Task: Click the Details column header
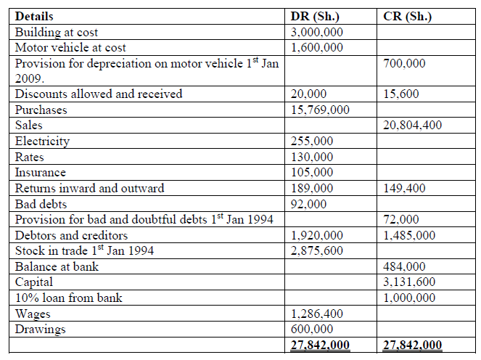[x=34, y=16]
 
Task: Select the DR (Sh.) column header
[x=315, y=16]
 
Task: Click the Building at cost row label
[x=57, y=32]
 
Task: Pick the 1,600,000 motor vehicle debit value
[x=317, y=47]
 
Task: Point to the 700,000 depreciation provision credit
[x=404, y=63]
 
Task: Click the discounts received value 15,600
[x=400, y=94]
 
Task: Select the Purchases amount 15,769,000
[x=320, y=110]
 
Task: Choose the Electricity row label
[x=43, y=141]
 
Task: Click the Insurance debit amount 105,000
[x=312, y=173]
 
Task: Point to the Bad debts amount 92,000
[x=309, y=204]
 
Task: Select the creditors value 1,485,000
[x=409, y=235]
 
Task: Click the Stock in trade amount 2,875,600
[x=317, y=250]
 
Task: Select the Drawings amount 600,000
[x=312, y=329]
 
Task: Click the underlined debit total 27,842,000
[x=320, y=345]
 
